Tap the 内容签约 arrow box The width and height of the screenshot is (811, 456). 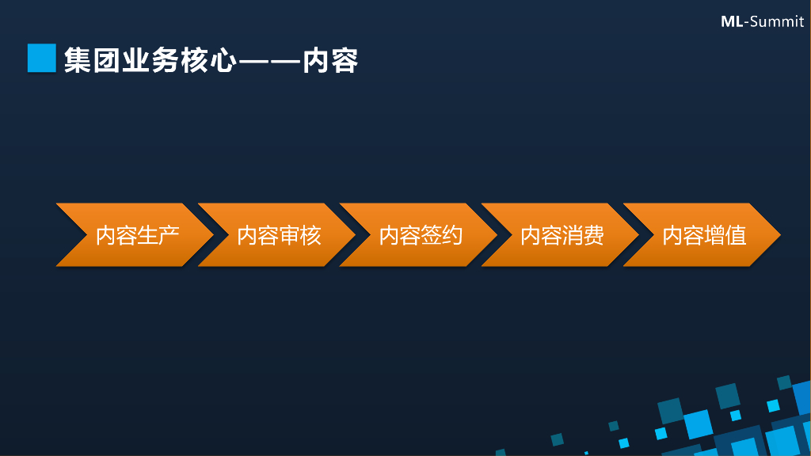pyautogui.click(x=421, y=235)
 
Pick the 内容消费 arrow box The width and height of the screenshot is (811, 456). pyautogui.click(x=562, y=235)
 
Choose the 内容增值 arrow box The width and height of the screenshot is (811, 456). pyautogui.click(x=704, y=235)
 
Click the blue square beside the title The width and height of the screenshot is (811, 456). pyautogui.click(x=41, y=59)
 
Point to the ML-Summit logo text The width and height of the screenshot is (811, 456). pyautogui.click(x=762, y=21)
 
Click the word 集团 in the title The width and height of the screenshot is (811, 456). pyautogui.click(x=93, y=60)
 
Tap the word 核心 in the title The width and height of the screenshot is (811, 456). pyautogui.click(x=208, y=60)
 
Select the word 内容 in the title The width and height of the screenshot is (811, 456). pyautogui.click(x=331, y=60)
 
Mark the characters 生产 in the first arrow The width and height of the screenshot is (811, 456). pyautogui.click(x=158, y=235)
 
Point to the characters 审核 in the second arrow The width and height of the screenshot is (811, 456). pyautogui.click(x=300, y=235)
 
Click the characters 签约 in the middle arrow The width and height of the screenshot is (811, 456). pyautogui.click(x=442, y=235)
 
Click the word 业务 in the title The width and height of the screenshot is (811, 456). pyautogui.click(x=150, y=60)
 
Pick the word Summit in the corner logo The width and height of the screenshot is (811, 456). pyautogui.click(x=777, y=21)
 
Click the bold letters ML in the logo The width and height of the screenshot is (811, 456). pyautogui.click(x=731, y=21)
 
